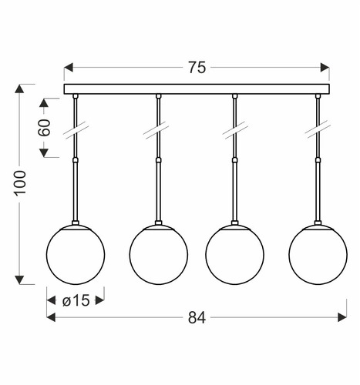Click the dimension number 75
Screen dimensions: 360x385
[197, 68]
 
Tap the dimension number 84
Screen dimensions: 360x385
[197, 318]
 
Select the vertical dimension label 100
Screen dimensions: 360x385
[20, 183]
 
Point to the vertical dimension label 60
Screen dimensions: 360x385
[44, 128]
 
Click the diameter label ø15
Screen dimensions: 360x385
[76, 300]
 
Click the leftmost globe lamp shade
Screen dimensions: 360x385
[76, 254]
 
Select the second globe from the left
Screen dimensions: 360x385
[159, 254]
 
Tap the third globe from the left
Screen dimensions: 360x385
[234, 254]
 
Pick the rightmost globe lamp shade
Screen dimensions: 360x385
[318, 254]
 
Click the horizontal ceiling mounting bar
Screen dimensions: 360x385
[197, 89]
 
